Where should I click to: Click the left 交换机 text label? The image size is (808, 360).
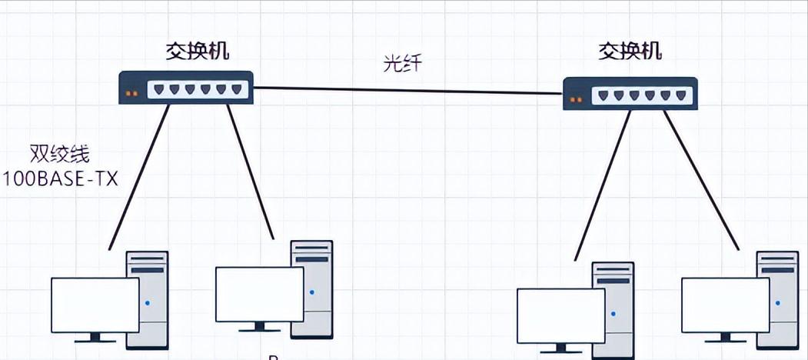click(198, 52)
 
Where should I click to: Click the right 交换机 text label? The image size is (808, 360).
click(630, 52)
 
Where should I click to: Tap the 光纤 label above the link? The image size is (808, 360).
click(402, 65)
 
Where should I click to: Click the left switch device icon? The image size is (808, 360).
click(186, 88)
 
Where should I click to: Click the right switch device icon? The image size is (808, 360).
click(630, 94)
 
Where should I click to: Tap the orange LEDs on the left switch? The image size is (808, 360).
click(131, 94)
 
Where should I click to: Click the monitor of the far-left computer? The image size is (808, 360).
click(95, 305)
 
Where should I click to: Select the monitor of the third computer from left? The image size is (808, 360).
click(560, 316)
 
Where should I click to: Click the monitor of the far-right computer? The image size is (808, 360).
click(725, 305)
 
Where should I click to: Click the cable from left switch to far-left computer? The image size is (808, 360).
click(138, 177)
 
